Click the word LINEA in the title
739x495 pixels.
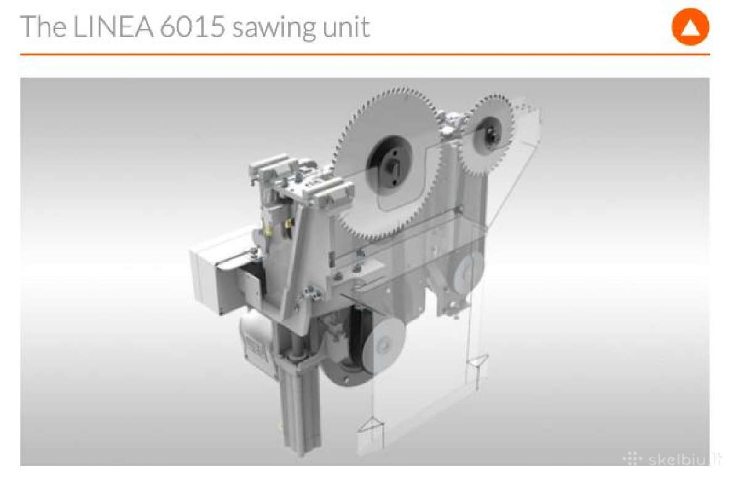(x=113, y=26)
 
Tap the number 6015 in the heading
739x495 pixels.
(x=192, y=26)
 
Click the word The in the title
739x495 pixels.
(x=43, y=26)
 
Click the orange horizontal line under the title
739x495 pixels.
(x=365, y=54)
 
